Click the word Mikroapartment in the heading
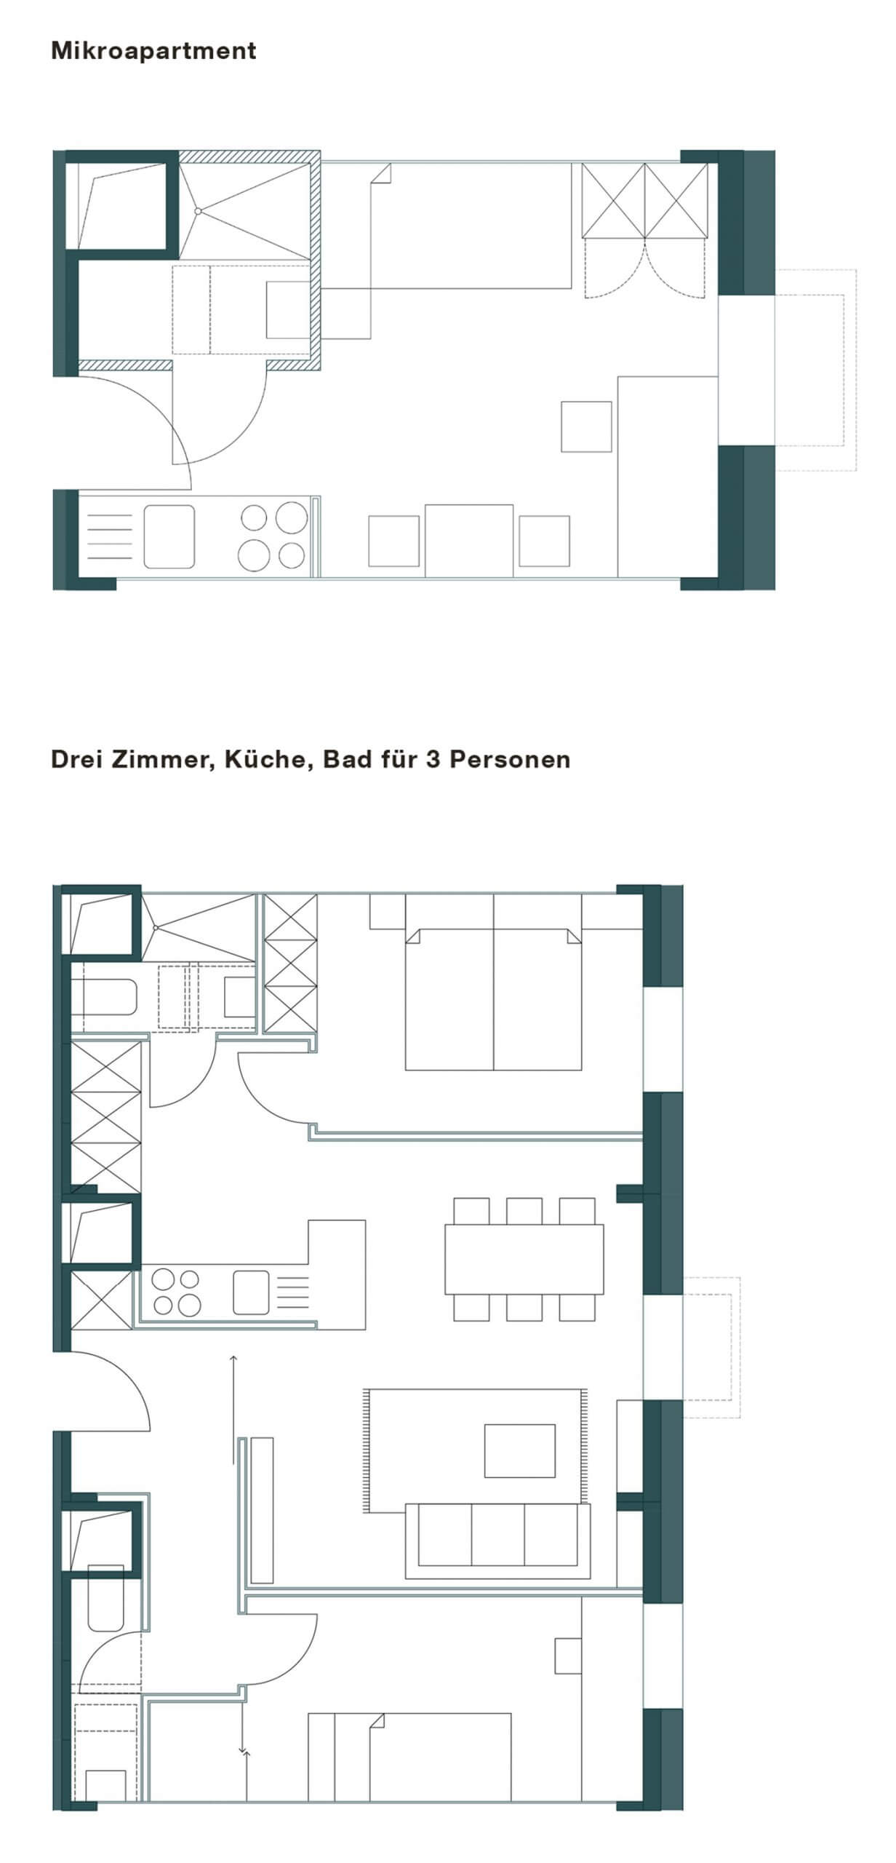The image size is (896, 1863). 153,51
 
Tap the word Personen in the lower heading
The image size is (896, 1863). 509,759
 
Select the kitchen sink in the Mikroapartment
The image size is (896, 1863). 169,537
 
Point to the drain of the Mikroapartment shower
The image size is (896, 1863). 198,211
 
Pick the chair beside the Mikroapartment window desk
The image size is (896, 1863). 585,426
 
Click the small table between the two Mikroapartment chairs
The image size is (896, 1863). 468,540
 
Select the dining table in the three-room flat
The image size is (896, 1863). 524,1259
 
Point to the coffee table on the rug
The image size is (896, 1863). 519,1450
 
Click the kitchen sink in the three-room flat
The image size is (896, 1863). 251,1292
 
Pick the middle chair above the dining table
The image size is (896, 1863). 524,1211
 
